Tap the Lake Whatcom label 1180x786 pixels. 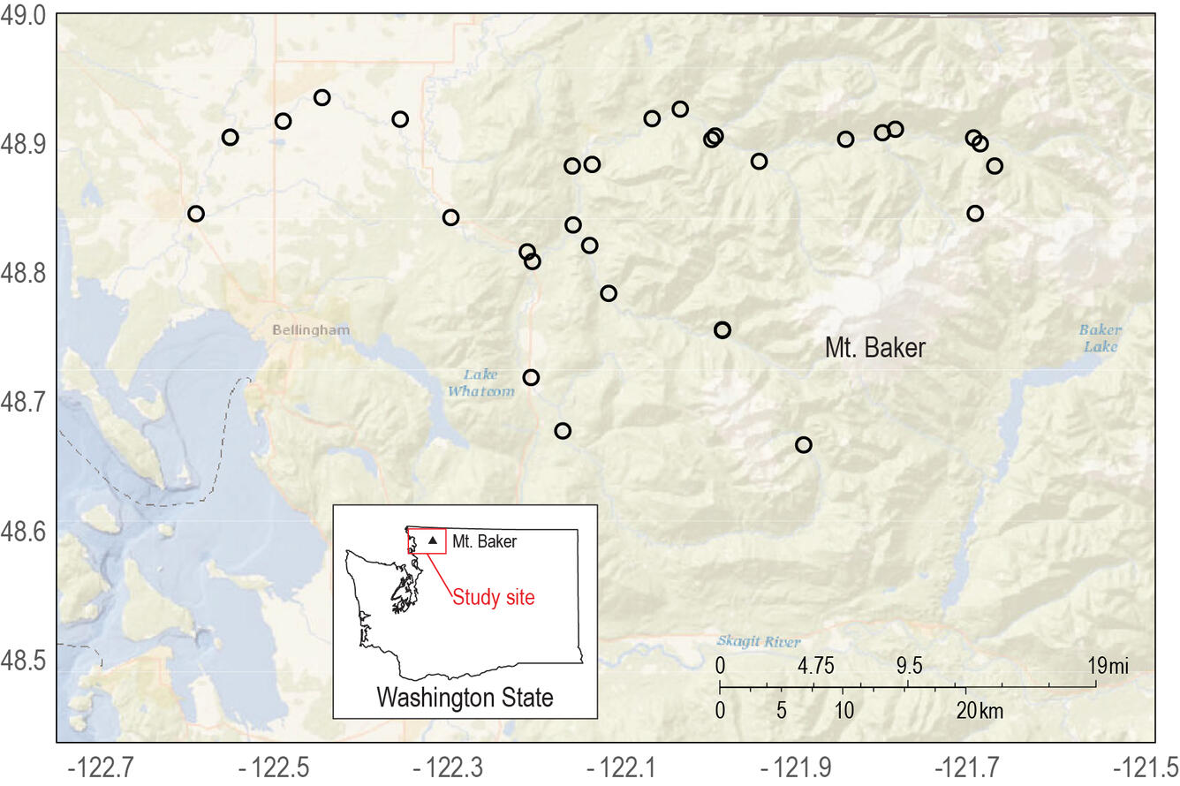tap(480, 384)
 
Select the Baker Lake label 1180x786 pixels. tap(1101, 338)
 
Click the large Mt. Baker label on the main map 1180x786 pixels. tap(874, 348)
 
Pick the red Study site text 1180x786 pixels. tap(494, 597)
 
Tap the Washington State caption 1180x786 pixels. tap(465, 698)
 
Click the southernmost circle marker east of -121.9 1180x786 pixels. tap(803, 444)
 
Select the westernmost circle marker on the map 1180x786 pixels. tap(196, 214)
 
